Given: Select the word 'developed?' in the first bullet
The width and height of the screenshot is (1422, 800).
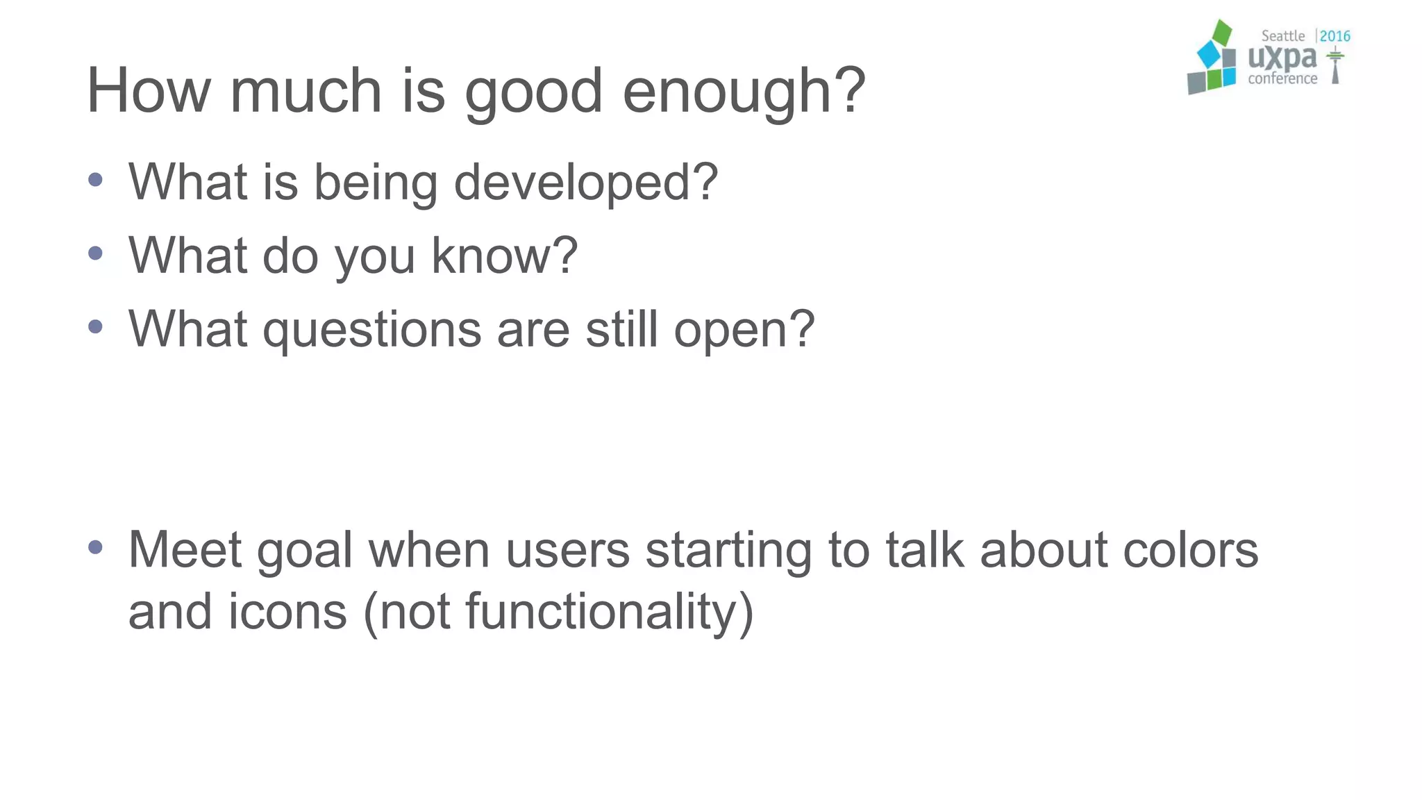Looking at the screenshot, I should [x=585, y=182].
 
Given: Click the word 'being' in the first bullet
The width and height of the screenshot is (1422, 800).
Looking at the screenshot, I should [x=375, y=183].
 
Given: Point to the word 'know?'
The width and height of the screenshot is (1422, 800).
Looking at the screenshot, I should [x=504, y=256].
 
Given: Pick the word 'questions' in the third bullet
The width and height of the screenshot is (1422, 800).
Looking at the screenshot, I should [x=371, y=330].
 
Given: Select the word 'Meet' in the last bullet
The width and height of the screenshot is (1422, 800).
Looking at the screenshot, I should [x=184, y=549].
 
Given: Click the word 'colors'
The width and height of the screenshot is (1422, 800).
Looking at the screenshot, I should [x=1190, y=549].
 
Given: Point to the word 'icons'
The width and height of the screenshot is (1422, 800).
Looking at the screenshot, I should [x=287, y=611].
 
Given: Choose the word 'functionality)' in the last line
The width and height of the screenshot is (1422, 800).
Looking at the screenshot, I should [x=609, y=612].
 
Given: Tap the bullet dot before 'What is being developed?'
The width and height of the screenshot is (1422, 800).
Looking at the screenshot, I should [x=96, y=181].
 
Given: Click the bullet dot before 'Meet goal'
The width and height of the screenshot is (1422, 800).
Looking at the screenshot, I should [x=96, y=548].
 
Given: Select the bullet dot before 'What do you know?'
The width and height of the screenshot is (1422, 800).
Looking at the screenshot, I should [x=96, y=254].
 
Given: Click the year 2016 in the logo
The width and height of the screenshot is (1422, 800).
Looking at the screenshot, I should [x=1335, y=36].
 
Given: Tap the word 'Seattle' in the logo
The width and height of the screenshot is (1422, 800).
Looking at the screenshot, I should [x=1282, y=36].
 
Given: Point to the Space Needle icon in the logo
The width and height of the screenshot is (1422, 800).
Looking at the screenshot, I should [x=1335, y=67].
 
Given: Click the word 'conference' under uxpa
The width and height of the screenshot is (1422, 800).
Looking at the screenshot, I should [x=1282, y=78].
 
